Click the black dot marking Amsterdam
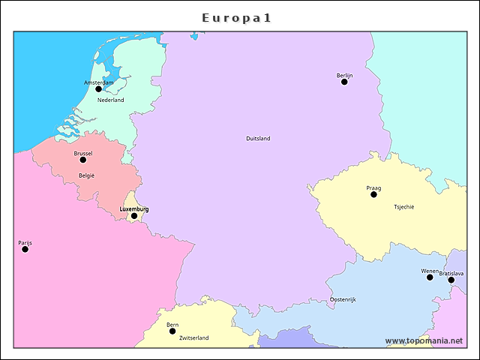[98, 88]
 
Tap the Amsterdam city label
[98, 82]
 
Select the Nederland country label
[110, 100]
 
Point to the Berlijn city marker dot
[344, 82]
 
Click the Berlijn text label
[344, 75]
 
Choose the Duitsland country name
[258, 138]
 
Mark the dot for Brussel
[83, 160]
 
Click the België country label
[86, 175]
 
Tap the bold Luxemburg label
[134, 208]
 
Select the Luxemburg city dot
[134, 216]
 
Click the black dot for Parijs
[25, 249]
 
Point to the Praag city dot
[373, 194]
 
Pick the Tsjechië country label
[403, 207]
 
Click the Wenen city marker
[430, 277]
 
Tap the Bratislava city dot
[451, 280]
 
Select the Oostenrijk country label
[343, 299]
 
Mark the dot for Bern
[172, 331]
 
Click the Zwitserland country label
[193, 338]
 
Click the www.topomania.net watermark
[424, 340]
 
